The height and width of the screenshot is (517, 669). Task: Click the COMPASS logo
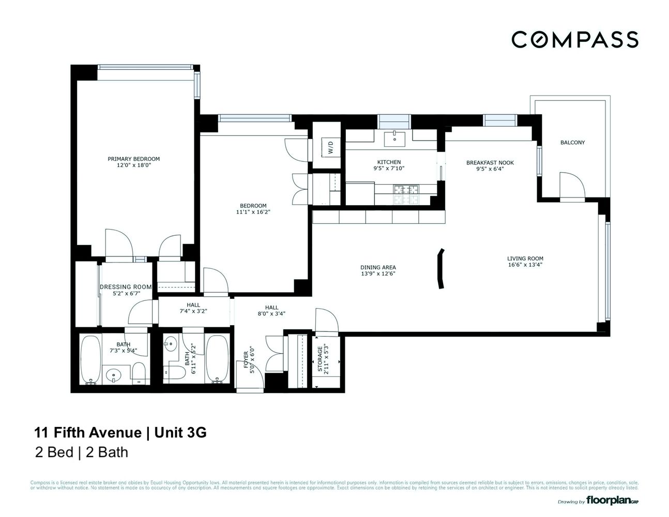(574, 40)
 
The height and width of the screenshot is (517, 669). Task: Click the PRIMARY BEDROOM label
(133, 159)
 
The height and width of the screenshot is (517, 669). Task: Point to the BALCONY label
(572, 142)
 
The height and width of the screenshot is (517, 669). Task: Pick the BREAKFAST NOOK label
(490, 162)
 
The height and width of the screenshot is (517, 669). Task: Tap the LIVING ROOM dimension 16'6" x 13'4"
(525, 265)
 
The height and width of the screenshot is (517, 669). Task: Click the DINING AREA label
(378, 267)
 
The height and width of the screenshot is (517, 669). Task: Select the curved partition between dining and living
(440, 268)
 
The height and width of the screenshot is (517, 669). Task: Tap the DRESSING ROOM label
(126, 287)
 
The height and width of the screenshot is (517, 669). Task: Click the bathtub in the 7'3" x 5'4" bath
(92, 360)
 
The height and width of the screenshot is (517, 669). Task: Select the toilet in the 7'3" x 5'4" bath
(138, 373)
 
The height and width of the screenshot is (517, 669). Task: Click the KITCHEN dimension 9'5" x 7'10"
(389, 169)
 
